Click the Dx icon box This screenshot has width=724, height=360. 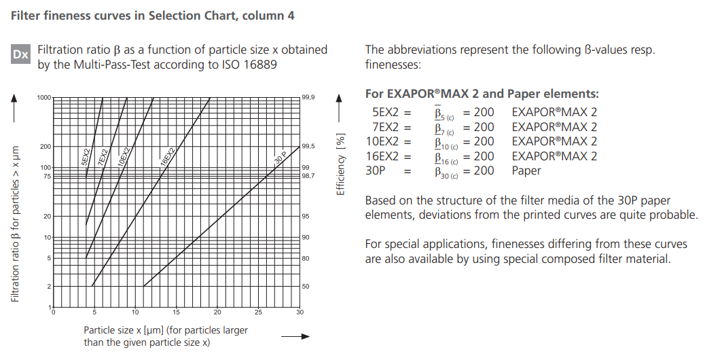[x=20, y=54]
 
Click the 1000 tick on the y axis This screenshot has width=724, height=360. [x=44, y=98]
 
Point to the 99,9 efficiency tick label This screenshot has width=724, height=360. [x=308, y=98]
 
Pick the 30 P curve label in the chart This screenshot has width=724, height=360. [x=280, y=158]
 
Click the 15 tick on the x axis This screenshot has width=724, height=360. [x=177, y=312]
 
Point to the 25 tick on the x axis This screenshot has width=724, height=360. [x=258, y=312]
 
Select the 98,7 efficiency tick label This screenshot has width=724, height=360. [x=308, y=176]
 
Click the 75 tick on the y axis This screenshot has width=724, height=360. [x=47, y=176]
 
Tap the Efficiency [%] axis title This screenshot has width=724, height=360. [x=342, y=164]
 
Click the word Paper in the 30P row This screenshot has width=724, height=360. [x=526, y=171]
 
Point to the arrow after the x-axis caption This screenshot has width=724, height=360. [x=295, y=336]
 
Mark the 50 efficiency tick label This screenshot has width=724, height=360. [x=306, y=287]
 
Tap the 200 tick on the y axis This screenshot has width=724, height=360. [x=46, y=147]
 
